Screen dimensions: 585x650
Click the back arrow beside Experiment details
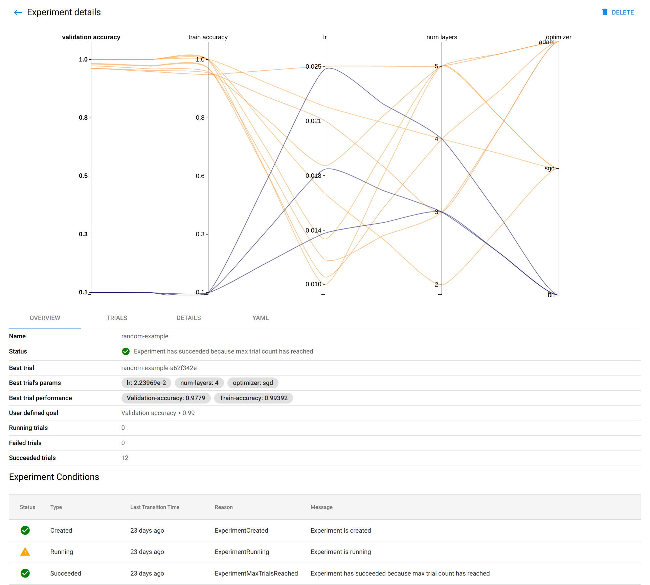pyautogui.click(x=18, y=13)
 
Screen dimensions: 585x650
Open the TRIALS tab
pyautogui.click(x=117, y=318)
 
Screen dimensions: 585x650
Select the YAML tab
pyautogui.click(x=260, y=318)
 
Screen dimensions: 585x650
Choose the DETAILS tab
pyautogui.click(x=188, y=318)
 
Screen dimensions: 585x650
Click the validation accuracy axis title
pyautogui.click(x=91, y=37)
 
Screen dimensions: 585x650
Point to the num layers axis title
pyautogui.click(x=442, y=37)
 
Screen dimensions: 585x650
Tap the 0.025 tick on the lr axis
pyautogui.click(x=313, y=67)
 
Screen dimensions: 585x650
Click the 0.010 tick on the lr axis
pyautogui.click(x=313, y=284)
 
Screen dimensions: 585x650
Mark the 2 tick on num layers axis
pyautogui.click(x=436, y=285)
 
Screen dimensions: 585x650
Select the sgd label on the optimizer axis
pyautogui.click(x=550, y=168)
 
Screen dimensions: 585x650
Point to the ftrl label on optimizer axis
pyautogui.click(x=551, y=295)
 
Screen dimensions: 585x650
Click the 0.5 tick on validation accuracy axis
pyautogui.click(x=83, y=176)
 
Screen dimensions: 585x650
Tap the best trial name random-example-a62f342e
pyautogui.click(x=159, y=368)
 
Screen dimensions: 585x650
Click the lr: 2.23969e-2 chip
pyautogui.click(x=146, y=383)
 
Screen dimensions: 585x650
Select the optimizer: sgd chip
pyautogui.click(x=253, y=383)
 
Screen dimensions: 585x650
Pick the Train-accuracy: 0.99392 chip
pyautogui.click(x=253, y=398)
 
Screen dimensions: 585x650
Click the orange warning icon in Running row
pyautogui.click(x=25, y=552)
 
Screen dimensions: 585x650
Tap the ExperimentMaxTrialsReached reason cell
pyautogui.click(x=256, y=574)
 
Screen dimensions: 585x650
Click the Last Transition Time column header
pyautogui.click(x=155, y=507)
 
